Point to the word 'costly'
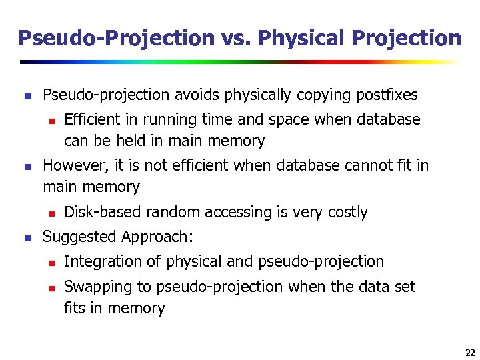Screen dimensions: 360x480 [x=347, y=212]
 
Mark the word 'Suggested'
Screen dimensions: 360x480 [x=79, y=237]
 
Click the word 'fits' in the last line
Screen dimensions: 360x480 [x=75, y=308]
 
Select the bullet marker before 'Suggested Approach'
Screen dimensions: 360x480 [x=27, y=237]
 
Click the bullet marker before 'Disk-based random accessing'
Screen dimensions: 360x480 [x=49, y=213]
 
